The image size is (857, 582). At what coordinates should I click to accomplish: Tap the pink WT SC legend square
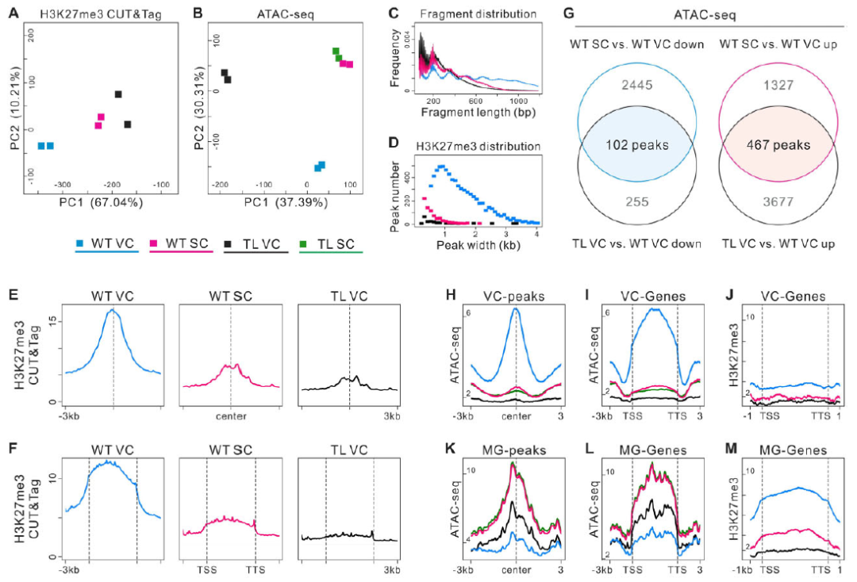point(155,242)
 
